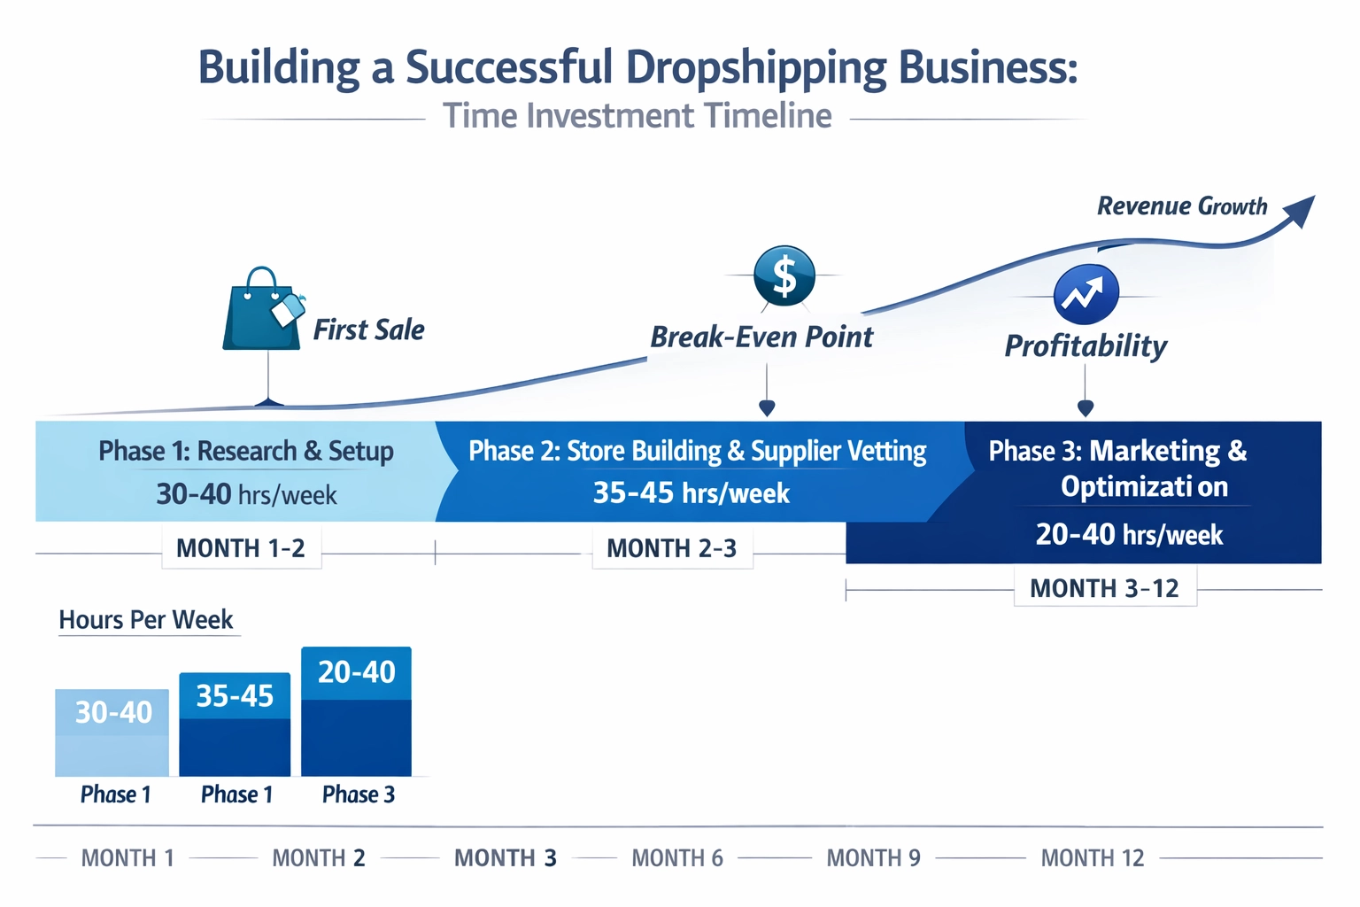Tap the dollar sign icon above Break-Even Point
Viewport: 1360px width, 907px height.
784,275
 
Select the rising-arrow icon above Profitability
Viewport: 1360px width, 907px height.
1086,295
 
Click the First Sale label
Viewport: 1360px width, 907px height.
368,330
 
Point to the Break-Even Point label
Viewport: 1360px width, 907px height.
761,337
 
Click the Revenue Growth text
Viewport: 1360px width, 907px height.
1182,206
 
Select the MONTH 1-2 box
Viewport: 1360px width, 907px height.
241,548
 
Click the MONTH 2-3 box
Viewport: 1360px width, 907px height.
672,548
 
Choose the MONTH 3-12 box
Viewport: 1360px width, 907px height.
1105,588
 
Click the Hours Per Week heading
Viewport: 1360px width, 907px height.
146,620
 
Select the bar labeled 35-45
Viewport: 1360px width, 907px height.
235,725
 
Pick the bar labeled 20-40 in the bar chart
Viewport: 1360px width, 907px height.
356,712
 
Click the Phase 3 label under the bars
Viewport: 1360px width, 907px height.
358,795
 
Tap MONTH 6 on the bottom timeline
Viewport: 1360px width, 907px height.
677,858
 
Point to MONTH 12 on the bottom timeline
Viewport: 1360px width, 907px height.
1092,858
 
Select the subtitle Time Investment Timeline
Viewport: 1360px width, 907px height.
637,116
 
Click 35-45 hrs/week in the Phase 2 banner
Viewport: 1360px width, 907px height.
691,493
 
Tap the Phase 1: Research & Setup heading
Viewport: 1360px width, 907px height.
246,451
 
